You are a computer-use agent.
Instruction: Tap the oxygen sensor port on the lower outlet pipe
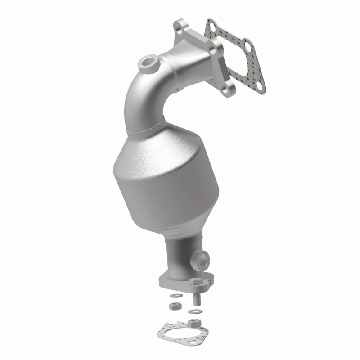[201, 260]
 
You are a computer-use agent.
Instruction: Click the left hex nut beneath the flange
[175, 306]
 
